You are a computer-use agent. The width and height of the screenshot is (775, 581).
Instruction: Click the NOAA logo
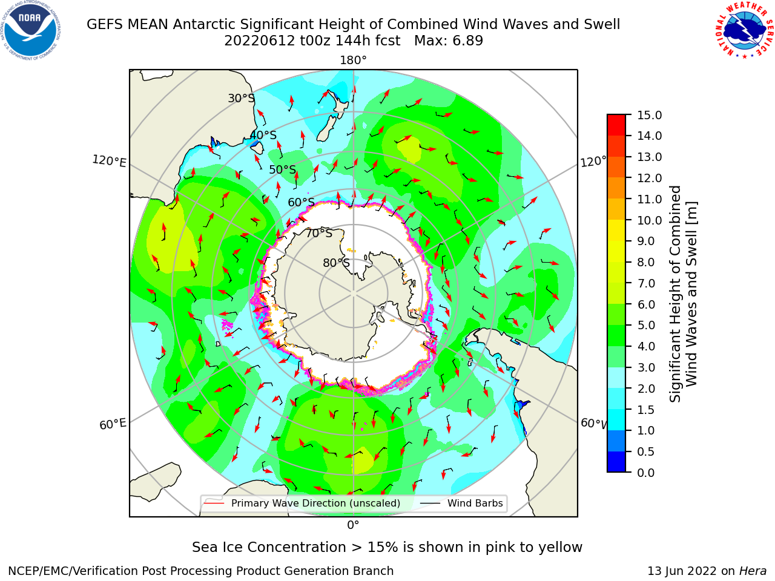pos(31,31)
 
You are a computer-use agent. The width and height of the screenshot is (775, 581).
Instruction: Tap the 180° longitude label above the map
pos(353,61)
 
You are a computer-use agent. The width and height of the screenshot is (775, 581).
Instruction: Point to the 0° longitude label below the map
pos(353,525)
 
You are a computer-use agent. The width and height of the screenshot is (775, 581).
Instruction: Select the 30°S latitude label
pos(241,98)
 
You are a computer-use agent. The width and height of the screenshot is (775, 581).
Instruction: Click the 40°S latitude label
pos(263,135)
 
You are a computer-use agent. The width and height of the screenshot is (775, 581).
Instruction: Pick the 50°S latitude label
pos(283,169)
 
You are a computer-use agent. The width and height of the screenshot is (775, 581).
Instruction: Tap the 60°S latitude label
pos(301,202)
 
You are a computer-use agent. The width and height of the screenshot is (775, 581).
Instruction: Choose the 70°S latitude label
pos(319,233)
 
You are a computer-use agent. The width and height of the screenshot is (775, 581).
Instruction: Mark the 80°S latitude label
pos(336,263)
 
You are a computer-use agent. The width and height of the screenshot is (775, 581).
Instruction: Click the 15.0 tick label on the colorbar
pos(649,115)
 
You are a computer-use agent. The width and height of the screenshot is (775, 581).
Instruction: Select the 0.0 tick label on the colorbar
pos(646,473)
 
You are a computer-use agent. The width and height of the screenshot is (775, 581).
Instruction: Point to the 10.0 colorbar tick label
pos(649,220)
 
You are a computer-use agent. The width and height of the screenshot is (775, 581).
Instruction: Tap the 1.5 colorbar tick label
pos(646,410)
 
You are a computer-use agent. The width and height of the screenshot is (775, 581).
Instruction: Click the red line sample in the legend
pos(214,502)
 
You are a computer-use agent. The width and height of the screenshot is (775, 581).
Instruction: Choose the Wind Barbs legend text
pos(475,503)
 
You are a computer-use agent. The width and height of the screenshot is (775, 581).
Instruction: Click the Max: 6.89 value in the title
pos(449,41)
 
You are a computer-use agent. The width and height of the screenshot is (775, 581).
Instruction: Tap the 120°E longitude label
pos(109,161)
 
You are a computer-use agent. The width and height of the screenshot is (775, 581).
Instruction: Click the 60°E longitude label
pos(113,424)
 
